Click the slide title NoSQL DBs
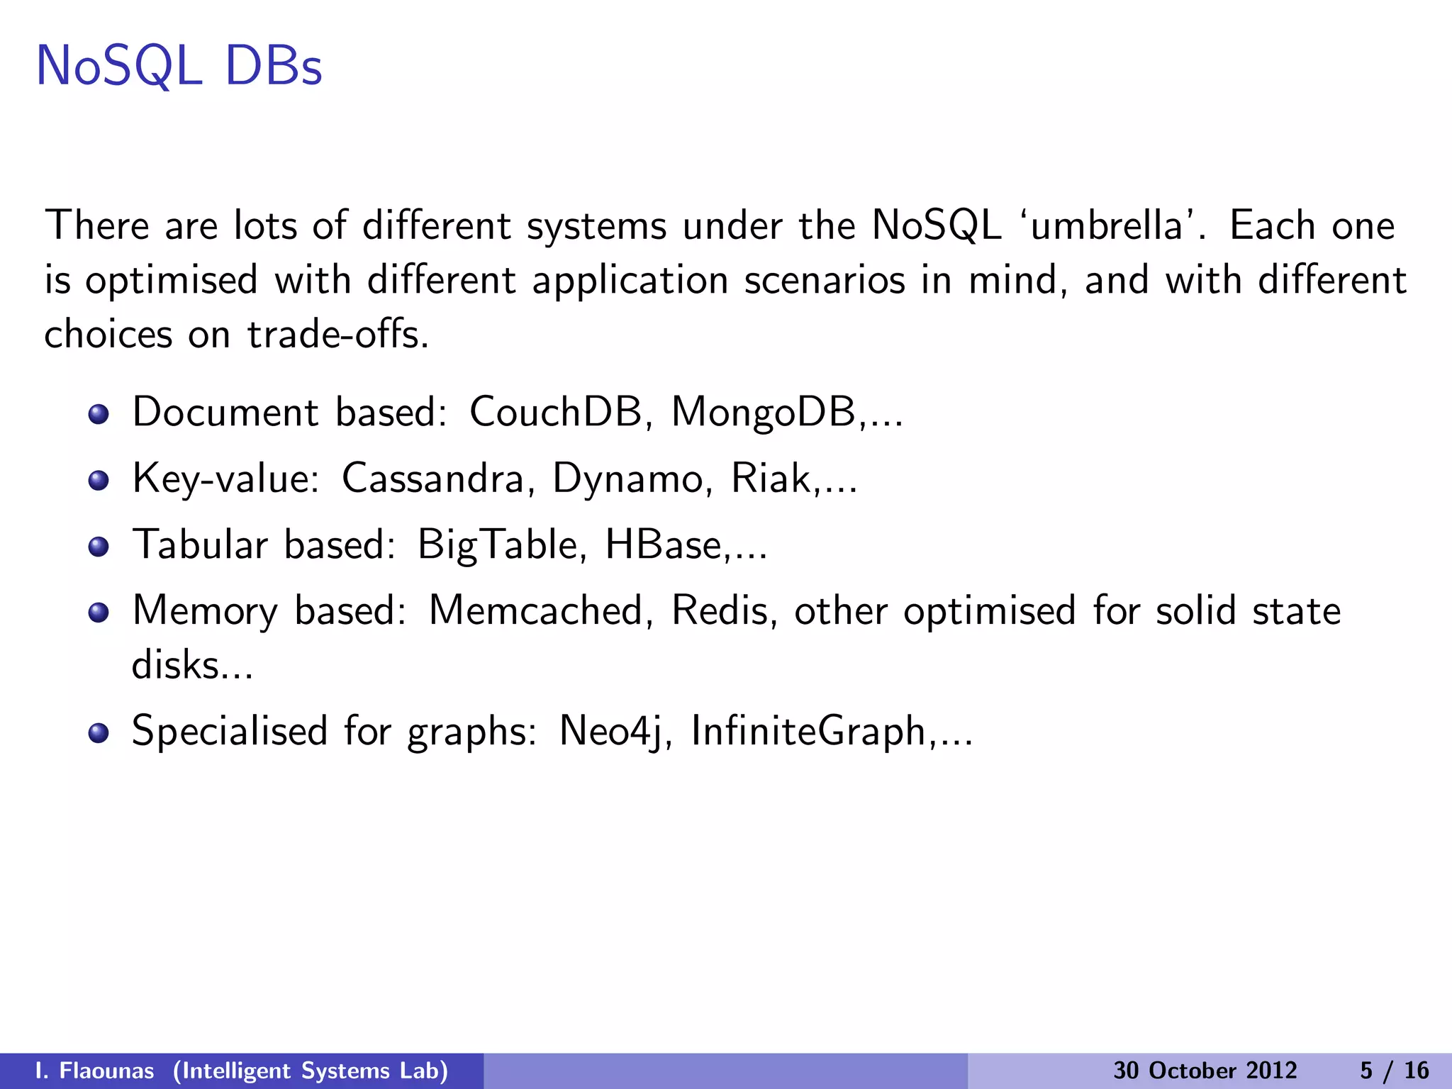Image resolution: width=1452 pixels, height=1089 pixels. point(179,67)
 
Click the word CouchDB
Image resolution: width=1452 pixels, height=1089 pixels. point(555,411)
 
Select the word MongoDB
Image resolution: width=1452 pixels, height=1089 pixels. point(763,413)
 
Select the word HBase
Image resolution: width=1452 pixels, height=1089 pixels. point(662,545)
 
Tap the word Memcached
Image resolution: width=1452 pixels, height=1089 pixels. point(535,610)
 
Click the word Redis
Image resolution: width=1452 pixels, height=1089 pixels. point(719,610)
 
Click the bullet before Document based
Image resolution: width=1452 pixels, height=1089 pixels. point(99,414)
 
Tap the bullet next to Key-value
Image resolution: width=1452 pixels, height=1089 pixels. point(99,481)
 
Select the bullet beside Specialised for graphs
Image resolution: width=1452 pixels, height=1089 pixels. point(99,733)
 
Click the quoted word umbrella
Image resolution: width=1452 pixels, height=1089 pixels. point(1106,226)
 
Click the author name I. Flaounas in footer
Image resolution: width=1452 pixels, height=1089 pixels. point(94,1071)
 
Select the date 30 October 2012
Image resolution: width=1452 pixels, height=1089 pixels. point(1205,1071)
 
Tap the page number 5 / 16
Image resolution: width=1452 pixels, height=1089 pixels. point(1394,1071)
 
